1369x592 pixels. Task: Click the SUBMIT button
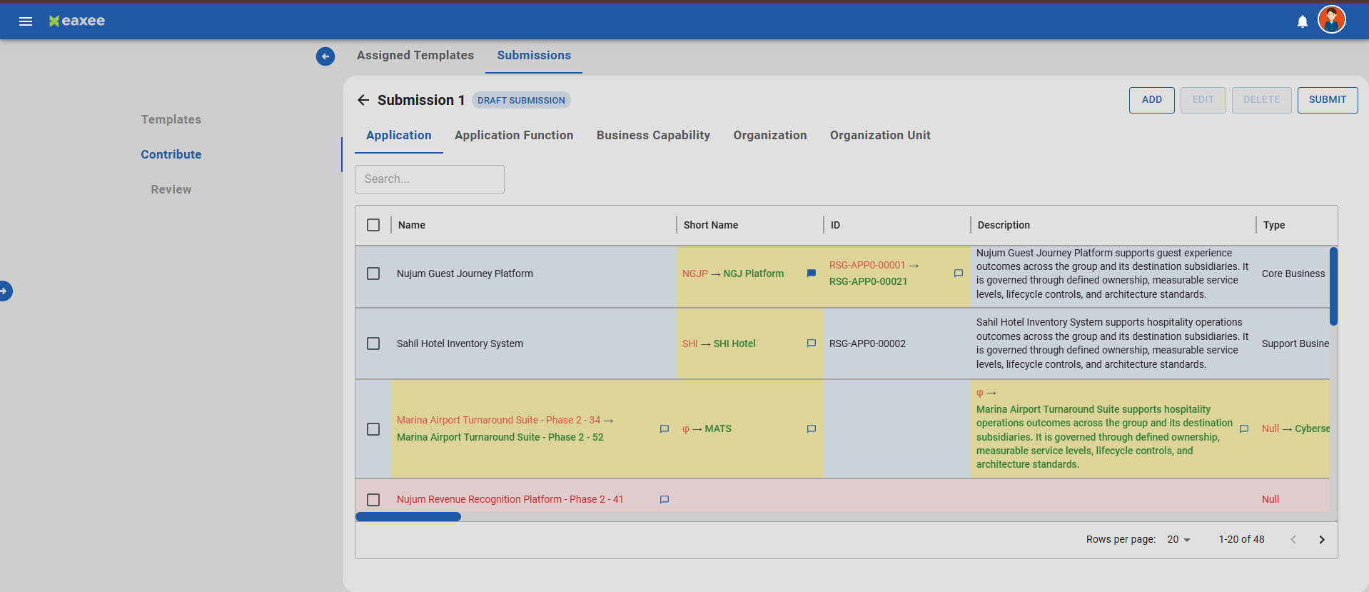click(1327, 100)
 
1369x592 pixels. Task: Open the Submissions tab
click(534, 56)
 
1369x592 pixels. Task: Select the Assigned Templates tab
click(415, 56)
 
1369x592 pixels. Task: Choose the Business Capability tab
click(653, 136)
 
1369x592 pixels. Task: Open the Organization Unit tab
click(880, 136)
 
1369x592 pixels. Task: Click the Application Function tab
click(514, 136)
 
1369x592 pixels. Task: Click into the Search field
click(430, 179)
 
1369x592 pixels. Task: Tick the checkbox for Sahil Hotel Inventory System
click(373, 343)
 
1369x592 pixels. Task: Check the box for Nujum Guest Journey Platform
click(373, 274)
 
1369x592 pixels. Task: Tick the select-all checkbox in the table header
click(373, 225)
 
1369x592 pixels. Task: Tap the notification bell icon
click(1303, 21)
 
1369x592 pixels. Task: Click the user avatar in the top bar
click(1332, 20)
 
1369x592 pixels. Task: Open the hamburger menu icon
click(26, 21)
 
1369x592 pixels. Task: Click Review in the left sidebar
click(171, 189)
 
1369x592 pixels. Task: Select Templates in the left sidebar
click(171, 119)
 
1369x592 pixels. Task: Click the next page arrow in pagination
click(1322, 540)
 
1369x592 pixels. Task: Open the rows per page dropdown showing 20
click(1179, 540)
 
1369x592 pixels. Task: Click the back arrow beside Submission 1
click(363, 100)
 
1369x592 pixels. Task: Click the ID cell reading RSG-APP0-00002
click(867, 343)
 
